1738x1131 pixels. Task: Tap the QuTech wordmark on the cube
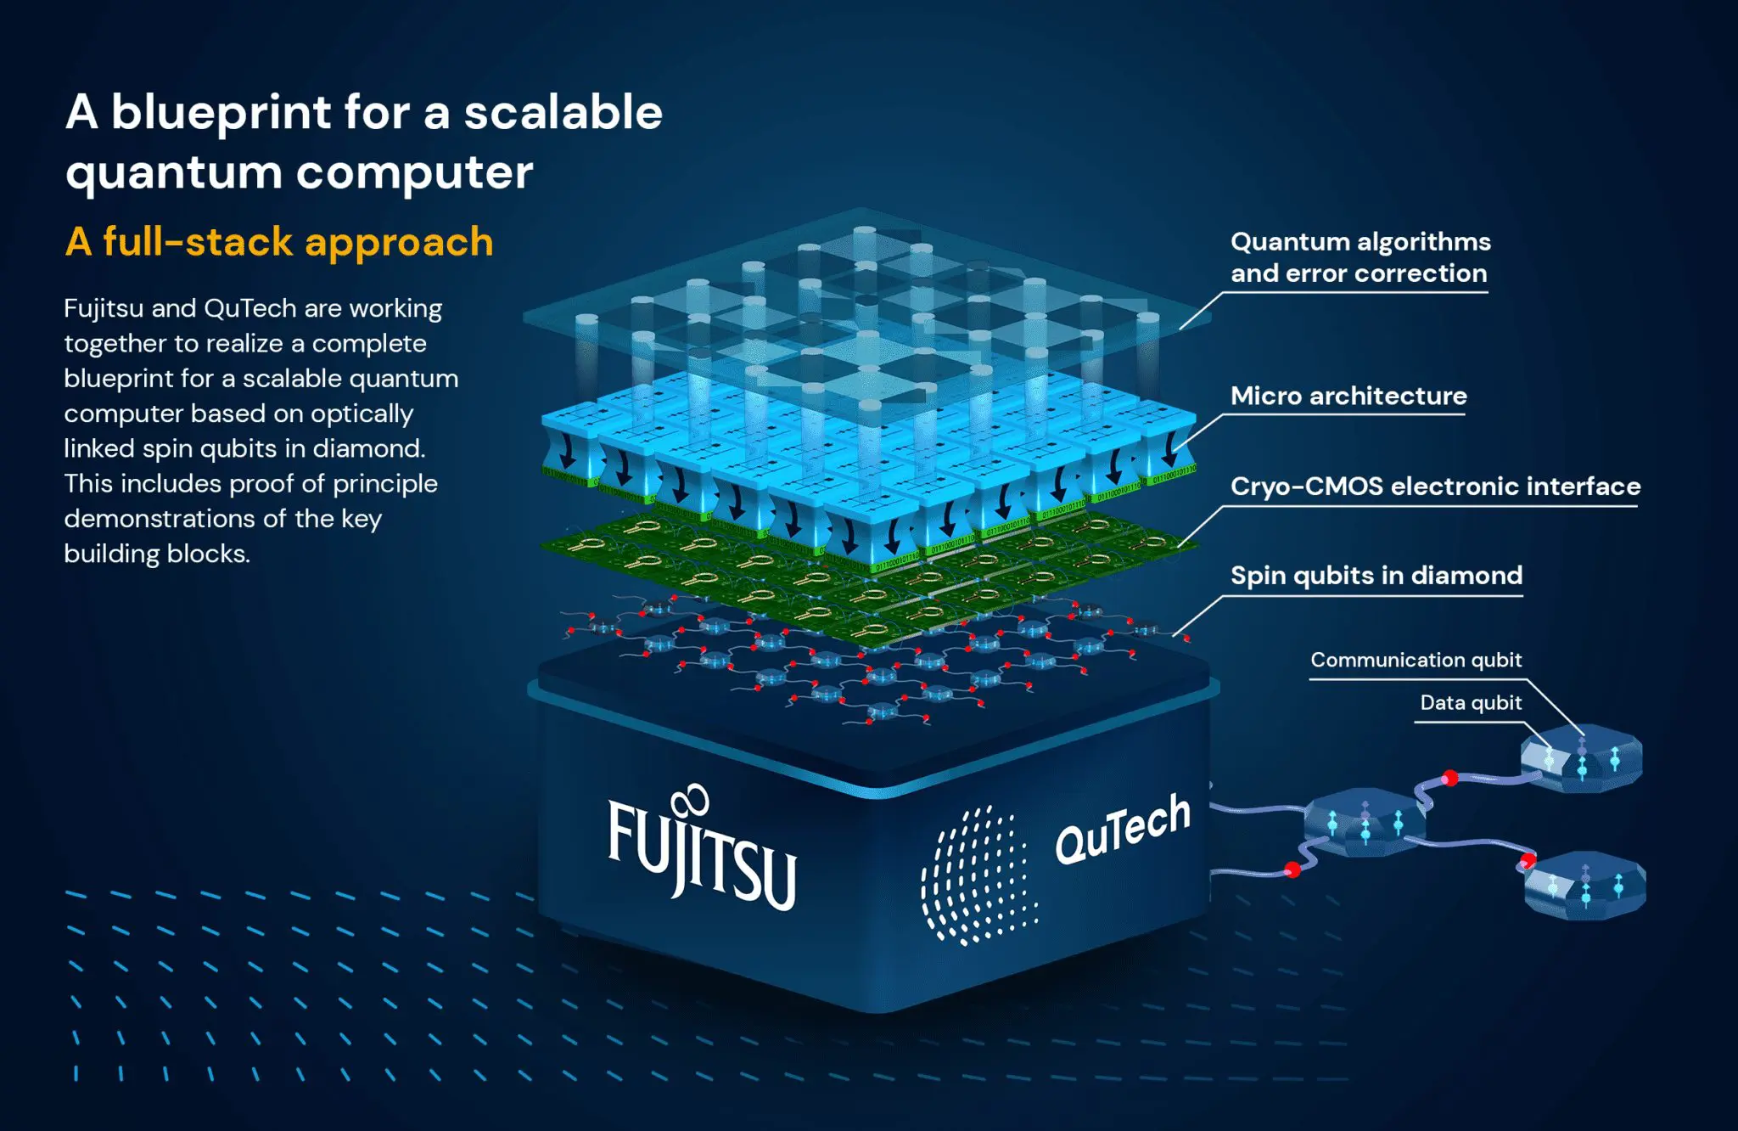click(1122, 830)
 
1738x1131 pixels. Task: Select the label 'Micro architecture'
click(1348, 396)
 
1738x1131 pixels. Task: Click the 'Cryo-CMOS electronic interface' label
click(1435, 486)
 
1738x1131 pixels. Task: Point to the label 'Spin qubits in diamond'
click(1376, 576)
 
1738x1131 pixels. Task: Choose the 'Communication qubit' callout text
click(1416, 660)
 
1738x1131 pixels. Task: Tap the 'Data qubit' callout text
click(1471, 702)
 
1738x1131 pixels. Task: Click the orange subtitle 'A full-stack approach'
click(279, 242)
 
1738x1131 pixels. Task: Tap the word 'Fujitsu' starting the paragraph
click(104, 308)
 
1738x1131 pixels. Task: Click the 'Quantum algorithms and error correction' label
click(1360, 257)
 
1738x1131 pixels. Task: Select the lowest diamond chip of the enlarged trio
click(1584, 886)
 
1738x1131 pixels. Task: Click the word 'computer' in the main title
click(414, 172)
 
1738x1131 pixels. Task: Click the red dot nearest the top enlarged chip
click(1450, 778)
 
